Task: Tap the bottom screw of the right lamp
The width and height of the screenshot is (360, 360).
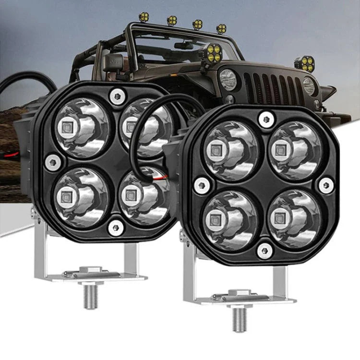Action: tap(264, 250)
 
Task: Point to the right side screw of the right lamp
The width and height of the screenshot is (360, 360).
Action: tap(327, 185)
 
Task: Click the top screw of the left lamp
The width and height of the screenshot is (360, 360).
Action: tap(116, 96)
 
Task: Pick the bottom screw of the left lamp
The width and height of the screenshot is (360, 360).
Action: tap(116, 227)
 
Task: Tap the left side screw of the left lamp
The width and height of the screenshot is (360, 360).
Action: tap(53, 163)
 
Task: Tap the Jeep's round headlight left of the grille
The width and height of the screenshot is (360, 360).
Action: tap(228, 79)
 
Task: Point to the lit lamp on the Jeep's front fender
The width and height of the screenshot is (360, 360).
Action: tap(304, 63)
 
